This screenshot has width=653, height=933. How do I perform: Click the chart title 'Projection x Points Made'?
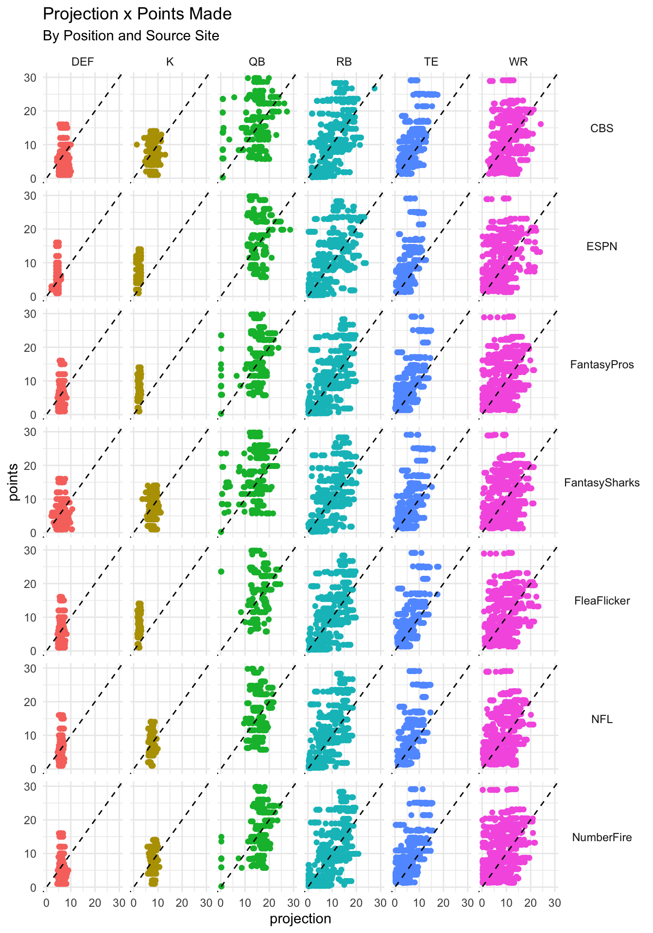137,14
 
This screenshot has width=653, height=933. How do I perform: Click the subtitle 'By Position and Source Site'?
131,36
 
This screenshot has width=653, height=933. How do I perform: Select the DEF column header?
83,62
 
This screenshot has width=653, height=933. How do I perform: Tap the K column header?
170,62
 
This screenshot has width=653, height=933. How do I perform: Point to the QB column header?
257,62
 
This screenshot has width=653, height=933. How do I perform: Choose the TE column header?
431,62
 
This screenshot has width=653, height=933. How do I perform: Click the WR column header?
518,62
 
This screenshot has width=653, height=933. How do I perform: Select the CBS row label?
601,128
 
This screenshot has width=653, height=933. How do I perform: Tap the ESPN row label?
601,246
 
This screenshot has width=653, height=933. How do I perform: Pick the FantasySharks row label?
601,483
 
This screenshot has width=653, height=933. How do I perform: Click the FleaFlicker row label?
601,601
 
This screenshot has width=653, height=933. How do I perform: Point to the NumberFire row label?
601,837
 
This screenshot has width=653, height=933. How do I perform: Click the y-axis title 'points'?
14,482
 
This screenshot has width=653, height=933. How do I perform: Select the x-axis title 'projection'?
300,919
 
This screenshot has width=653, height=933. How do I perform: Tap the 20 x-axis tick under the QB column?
269,903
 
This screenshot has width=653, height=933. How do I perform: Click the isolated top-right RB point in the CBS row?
375,88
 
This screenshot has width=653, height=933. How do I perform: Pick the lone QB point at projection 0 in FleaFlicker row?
221,571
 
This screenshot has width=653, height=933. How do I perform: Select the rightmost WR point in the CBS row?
540,124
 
